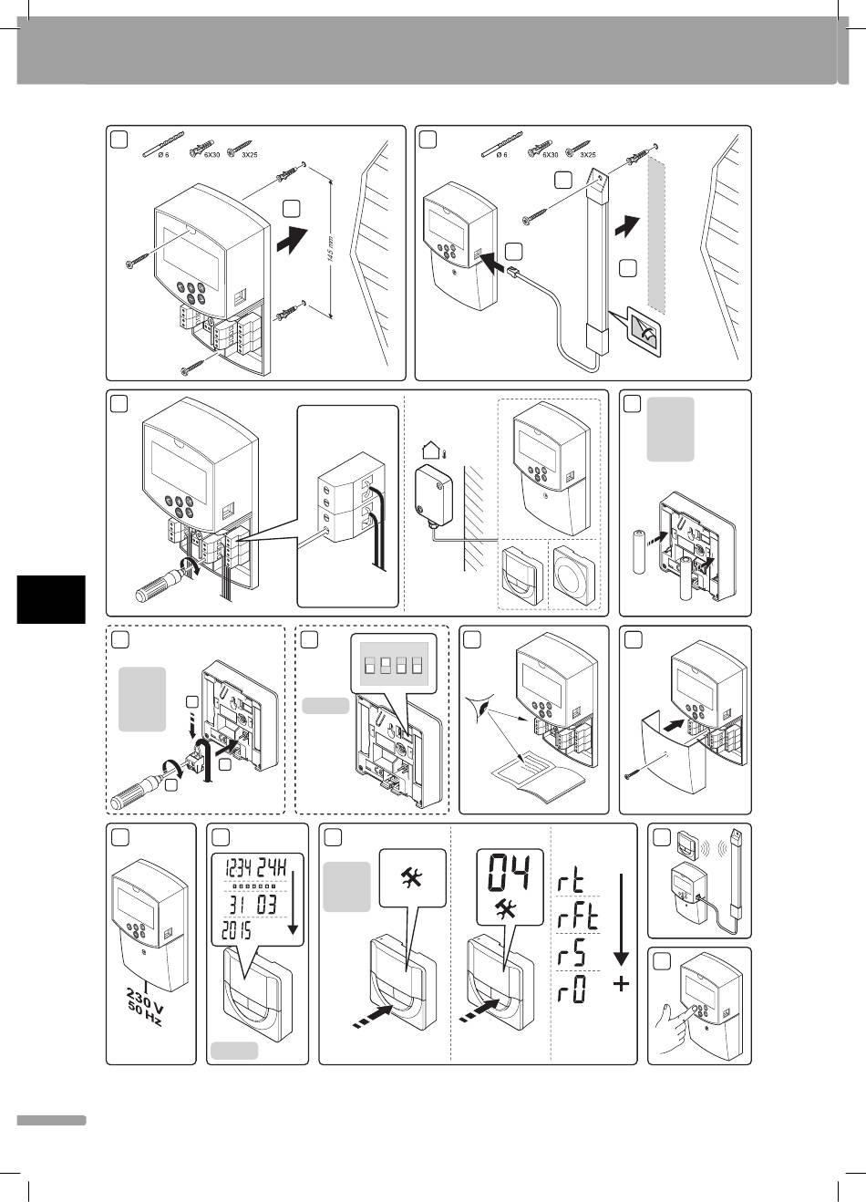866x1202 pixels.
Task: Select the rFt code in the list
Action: click(x=579, y=917)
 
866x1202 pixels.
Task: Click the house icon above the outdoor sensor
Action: click(x=432, y=450)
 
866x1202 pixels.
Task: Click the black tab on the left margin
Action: click(x=51, y=599)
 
